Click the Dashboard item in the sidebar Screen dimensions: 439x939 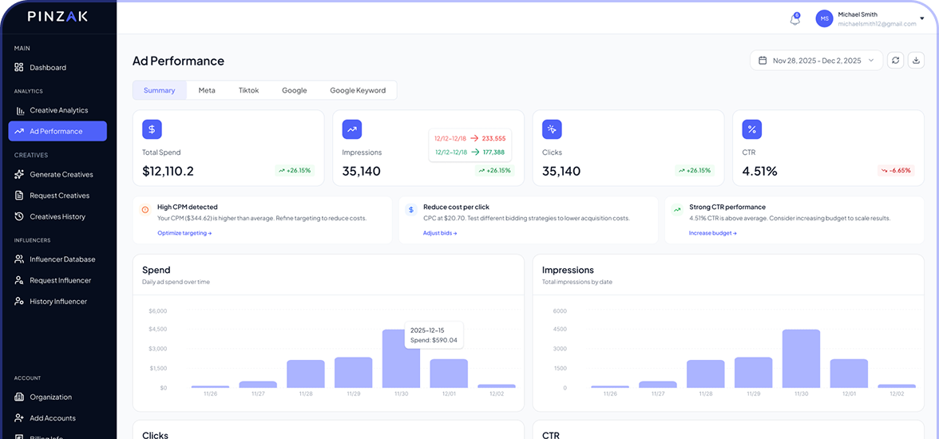point(47,68)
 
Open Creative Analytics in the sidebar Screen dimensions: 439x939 point(58,110)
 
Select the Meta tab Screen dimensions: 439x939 point(207,90)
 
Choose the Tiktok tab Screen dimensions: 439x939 point(248,90)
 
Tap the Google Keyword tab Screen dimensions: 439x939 point(357,90)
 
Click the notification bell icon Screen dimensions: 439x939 point(794,19)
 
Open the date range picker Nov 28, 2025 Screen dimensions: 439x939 point(816,61)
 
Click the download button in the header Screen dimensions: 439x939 point(916,61)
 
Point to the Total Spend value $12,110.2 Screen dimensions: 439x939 point(168,171)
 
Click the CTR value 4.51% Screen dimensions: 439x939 point(759,171)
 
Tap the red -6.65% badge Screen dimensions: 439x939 point(895,170)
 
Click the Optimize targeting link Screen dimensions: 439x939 point(184,233)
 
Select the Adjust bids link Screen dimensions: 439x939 point(440,233)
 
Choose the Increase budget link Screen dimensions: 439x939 point(712,233)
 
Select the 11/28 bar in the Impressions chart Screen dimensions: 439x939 point(705,374)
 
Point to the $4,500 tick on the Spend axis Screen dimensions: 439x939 point(157,329)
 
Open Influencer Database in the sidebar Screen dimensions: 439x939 point(62,259)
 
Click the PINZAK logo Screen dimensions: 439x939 point(57,16)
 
